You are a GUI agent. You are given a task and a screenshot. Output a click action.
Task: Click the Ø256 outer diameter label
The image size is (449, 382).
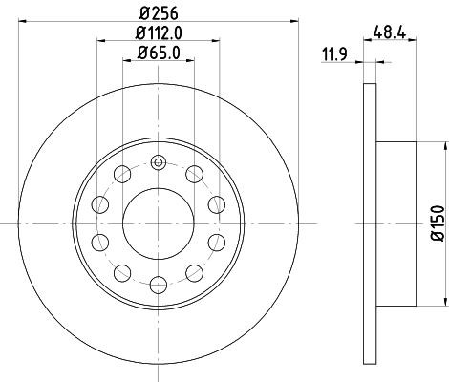(159, 13)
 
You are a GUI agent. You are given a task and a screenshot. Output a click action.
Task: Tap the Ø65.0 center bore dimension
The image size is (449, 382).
(159, 53)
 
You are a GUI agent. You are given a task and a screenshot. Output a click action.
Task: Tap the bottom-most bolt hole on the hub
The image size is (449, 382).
(158, 283)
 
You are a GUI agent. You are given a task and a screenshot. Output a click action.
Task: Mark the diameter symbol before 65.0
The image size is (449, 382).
(139, 53)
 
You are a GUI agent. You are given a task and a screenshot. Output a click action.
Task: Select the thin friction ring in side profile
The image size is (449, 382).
(370, 223)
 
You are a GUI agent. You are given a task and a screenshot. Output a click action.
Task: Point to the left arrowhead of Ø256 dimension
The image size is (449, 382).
(23, 22)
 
